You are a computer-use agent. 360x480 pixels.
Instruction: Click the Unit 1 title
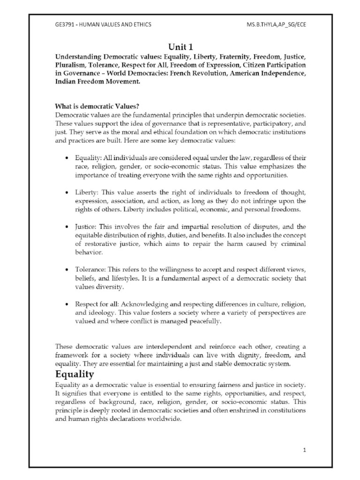[180, 47]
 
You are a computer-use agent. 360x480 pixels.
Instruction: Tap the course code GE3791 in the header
[65, 24]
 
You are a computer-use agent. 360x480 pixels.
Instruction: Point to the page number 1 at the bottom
[304, 450]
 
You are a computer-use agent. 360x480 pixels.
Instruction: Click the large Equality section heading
[75, 374]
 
